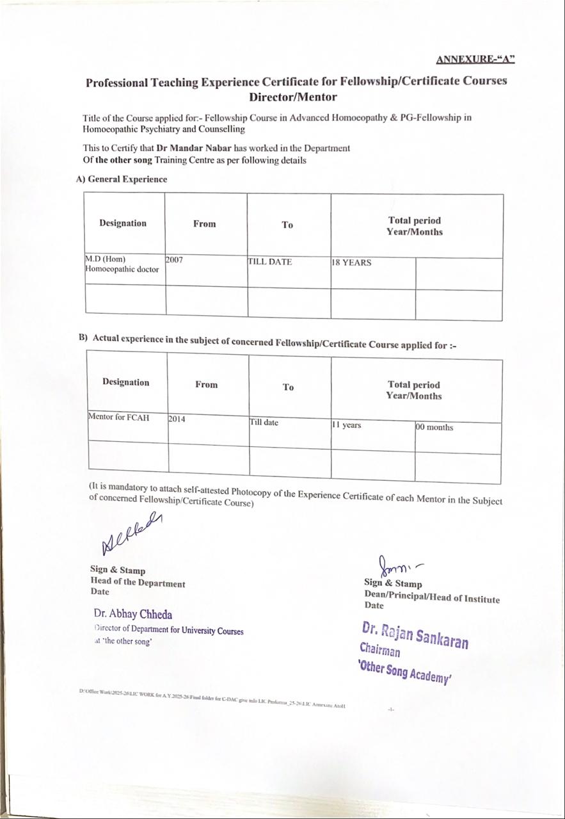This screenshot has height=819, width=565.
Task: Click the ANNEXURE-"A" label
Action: click(x=475, y=60)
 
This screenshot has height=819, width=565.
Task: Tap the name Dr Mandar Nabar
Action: click(x=194, y=148)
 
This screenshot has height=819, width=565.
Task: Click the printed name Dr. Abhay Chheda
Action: click(x=133, y=614)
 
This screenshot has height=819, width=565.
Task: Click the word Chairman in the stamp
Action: click(x=380, y=651)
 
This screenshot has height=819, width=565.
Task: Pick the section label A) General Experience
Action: click(x=122, y=179)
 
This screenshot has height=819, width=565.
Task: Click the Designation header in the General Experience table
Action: click(x=123, y=223)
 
